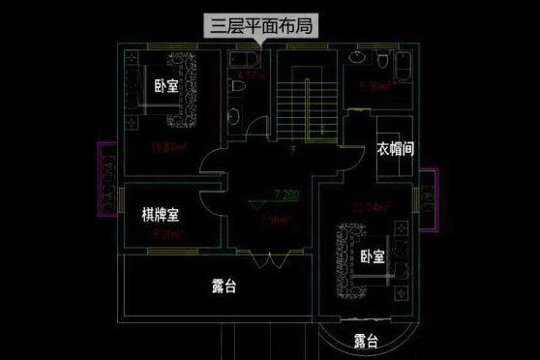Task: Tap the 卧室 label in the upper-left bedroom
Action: (165, 86)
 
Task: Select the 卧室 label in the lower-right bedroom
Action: (372, 257)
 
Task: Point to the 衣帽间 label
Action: (396, 150)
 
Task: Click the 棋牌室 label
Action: (161, 214)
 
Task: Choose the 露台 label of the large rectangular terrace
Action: (225, 286)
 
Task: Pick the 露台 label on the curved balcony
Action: (366, 341)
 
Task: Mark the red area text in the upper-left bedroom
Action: (168, 148)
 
